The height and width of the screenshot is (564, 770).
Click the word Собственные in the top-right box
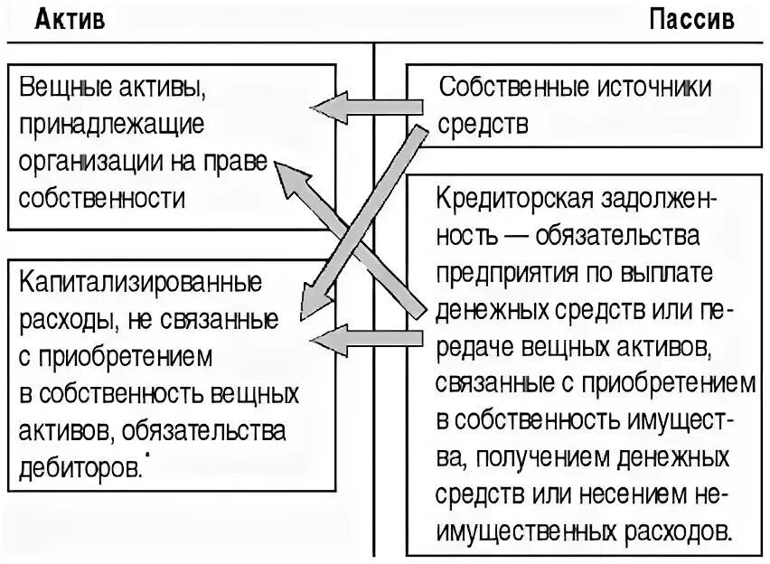[512, 88]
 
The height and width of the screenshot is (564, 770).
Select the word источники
[653, 88]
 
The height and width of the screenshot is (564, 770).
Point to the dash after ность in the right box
[512, 236]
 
